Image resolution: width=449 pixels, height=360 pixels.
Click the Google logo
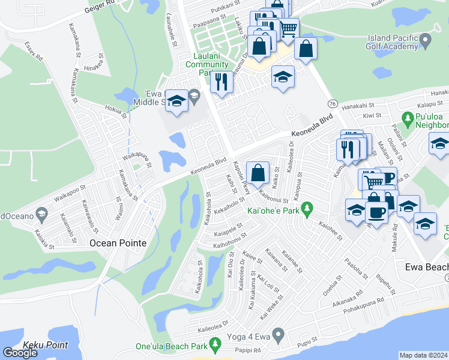[20, 353]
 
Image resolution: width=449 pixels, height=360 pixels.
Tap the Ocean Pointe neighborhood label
[118, 243]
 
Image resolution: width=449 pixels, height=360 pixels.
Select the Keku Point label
[45, 345]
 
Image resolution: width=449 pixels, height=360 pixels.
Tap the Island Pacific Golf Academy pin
[426, 41]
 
